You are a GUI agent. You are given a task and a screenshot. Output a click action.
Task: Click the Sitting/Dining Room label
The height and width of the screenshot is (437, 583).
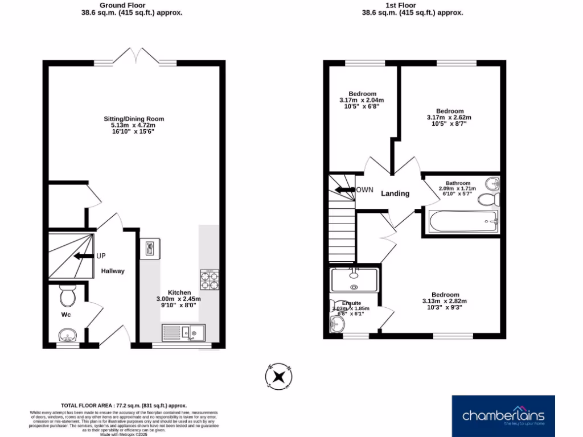(x=134, y=119)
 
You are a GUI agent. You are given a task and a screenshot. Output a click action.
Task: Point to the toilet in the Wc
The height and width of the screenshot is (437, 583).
(x=68, y=296)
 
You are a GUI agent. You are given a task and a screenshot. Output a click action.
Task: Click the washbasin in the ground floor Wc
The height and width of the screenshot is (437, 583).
(x=68, y=334)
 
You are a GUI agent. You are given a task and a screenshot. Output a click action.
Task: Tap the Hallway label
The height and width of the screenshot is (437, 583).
(x=113, y=271)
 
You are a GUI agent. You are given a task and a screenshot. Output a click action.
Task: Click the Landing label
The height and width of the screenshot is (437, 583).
(x=395, y=193)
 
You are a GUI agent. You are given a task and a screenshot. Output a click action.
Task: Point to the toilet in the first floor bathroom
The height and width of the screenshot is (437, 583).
(x=488, y=200)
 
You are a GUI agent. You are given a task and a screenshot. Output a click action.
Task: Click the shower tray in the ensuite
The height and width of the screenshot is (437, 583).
(x=354, y=279)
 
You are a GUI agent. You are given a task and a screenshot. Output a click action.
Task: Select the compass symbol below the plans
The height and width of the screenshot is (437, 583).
(x=279, y=376)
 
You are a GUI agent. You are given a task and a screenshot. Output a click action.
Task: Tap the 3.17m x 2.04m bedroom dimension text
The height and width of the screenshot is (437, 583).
(x=362, y=100)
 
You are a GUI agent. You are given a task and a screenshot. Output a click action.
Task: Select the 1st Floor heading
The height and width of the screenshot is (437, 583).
(x=413, y=5)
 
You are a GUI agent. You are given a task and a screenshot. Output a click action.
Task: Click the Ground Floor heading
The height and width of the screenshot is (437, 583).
(x=132, y=5)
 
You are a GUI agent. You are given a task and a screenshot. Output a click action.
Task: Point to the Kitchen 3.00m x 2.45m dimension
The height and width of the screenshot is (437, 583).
(x=179, y=299)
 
